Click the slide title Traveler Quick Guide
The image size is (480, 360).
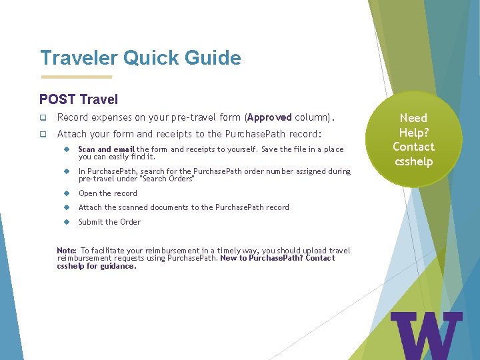(x=140, y=58)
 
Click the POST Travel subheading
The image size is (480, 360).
(x=79, y=99)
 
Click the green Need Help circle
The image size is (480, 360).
(x=413, y=139)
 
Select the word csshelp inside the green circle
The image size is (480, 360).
(x=413, y=161)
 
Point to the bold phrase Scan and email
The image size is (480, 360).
(x=107, y=149)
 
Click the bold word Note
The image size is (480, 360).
(x=66, y=251)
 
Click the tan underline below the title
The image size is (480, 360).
(x=76, y=76)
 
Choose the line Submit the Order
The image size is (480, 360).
(x=109, y=222)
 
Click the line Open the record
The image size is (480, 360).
(x=108, y=193)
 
